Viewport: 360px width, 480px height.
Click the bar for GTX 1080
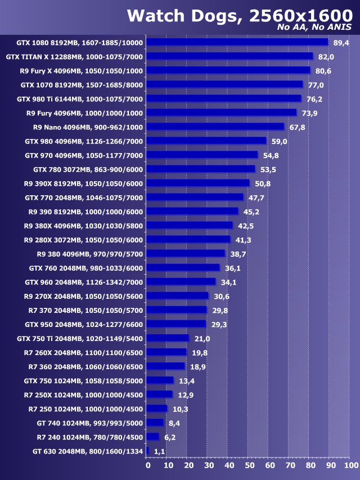237,42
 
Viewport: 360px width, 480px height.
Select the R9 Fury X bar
228,70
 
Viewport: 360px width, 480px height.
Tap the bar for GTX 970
202,155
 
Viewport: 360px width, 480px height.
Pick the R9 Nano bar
216,127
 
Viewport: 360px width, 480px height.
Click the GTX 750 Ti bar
168,338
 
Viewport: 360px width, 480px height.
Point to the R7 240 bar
153,437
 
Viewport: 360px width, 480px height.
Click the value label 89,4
341,43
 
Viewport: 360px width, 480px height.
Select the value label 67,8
297,127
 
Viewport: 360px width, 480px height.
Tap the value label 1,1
159,451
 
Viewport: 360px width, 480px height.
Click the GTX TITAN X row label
74,57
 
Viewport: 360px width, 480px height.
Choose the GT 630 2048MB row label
88,451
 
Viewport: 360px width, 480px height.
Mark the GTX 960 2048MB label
84,282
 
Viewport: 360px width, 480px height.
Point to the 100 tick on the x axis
350,465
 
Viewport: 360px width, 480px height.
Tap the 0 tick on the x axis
148,465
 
